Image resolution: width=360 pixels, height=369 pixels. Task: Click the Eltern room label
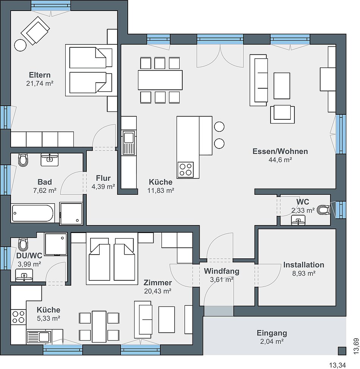39,75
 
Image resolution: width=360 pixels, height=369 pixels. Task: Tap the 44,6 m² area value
280,160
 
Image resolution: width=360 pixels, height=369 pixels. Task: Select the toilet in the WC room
324,210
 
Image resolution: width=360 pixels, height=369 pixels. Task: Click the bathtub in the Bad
33,213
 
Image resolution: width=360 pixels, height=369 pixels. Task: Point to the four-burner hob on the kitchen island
185,170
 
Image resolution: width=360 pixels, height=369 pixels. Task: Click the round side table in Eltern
20,45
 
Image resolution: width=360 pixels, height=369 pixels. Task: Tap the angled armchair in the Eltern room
35,30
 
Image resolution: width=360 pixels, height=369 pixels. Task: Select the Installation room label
304,265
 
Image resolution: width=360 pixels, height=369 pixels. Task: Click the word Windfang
222,271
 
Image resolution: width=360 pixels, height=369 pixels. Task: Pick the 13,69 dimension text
356,346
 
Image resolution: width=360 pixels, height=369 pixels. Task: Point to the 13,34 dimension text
337,365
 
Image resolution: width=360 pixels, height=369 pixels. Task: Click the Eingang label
272,333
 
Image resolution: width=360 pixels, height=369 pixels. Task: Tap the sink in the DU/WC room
24,275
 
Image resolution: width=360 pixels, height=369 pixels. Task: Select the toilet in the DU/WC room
23,244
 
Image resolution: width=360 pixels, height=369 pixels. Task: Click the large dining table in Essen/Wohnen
160,80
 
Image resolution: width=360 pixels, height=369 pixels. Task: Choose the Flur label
103,178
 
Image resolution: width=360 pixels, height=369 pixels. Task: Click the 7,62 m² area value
45,191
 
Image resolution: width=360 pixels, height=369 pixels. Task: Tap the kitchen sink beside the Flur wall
128,143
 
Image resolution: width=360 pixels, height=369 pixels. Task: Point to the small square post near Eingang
342,351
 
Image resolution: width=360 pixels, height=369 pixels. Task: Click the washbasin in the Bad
49,159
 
